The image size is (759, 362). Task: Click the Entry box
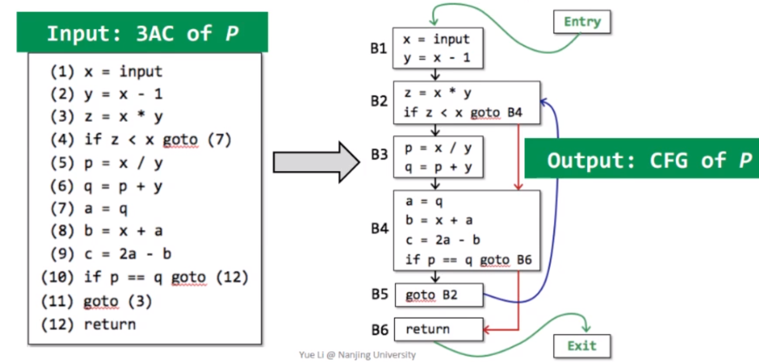click(582, 22)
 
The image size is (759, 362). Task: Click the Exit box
click(582, 346)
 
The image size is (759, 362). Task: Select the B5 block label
click(379, 294)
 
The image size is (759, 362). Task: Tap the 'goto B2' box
click(438, 295)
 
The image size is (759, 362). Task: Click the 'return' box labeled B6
click(438, 329)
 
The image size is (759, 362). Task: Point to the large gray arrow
click(316, 162)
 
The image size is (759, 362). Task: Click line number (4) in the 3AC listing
click(62, 140)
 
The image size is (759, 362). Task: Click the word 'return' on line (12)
click(110, 325)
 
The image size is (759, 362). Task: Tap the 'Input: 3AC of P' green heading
click(142, 33)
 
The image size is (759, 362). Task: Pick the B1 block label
click(378, 48)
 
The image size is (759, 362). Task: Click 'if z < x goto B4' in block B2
click(463, 112)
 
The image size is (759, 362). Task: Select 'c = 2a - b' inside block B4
click(442, 240)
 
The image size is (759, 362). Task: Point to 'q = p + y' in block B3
click(438, 167)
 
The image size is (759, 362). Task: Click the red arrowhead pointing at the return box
click(486, 330)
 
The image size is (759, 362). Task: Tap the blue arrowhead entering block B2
click(544, 102)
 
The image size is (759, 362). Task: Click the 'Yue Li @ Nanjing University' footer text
click(357, 355)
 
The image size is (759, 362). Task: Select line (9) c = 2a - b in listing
click(111, 254)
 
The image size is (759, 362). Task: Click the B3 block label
click(379, 154)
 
